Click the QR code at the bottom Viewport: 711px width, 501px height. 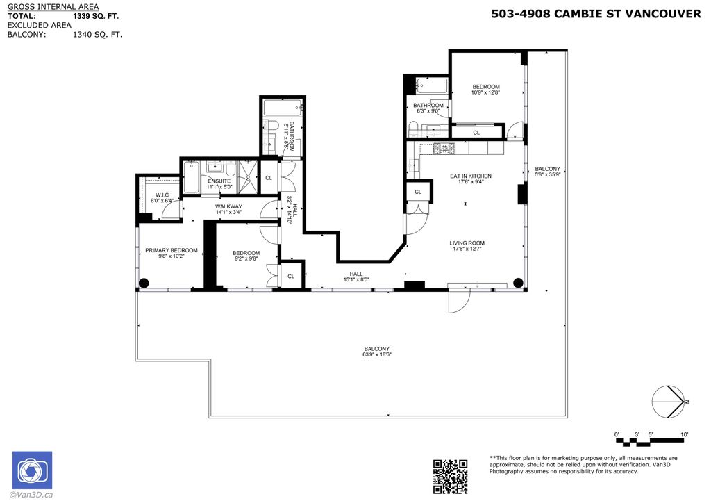(x=450, y=476)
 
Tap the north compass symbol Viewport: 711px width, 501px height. (x=669, y=402)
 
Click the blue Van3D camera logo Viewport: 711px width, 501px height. (x=32, y=470)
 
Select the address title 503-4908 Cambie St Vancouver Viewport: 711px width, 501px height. (x=596, y=13)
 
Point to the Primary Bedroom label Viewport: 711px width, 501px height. (x=171, y=250)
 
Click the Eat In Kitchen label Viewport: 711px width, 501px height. (x=471, y=176)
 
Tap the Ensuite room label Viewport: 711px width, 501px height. (x=219, y=181)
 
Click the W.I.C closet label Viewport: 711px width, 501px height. (x=162, y=195)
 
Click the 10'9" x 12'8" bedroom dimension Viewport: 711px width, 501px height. (x=486, y=93)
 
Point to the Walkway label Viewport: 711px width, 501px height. (x=228, y=206)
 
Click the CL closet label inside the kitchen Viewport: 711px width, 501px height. (x=418, y=192)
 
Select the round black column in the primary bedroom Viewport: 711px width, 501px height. (x=144, y=283)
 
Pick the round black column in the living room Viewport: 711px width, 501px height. (x=518, y=282)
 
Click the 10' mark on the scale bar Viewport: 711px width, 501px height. (x=684, y=435)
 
